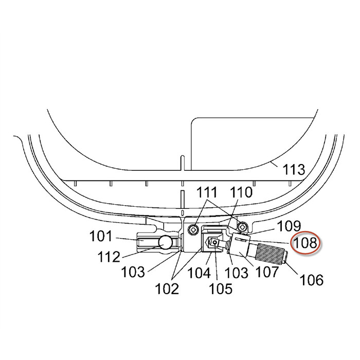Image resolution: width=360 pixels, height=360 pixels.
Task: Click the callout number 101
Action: click(101, 236)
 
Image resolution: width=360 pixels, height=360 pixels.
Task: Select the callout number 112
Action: click(109, 257)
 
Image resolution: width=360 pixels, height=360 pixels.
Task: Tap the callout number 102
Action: click(167, 289)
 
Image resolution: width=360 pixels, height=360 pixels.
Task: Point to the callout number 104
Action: click(199, 273)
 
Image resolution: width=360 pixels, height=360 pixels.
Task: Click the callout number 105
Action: click(221, 289)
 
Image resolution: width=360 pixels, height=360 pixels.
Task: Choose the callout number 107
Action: click(267, 272)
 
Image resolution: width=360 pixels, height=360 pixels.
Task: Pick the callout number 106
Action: click(312, 280)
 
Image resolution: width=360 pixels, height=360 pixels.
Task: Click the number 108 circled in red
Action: click(305, 243)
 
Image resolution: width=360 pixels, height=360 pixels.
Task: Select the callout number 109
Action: click(289, 226)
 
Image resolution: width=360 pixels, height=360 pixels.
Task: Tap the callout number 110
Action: click(241, 192)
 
